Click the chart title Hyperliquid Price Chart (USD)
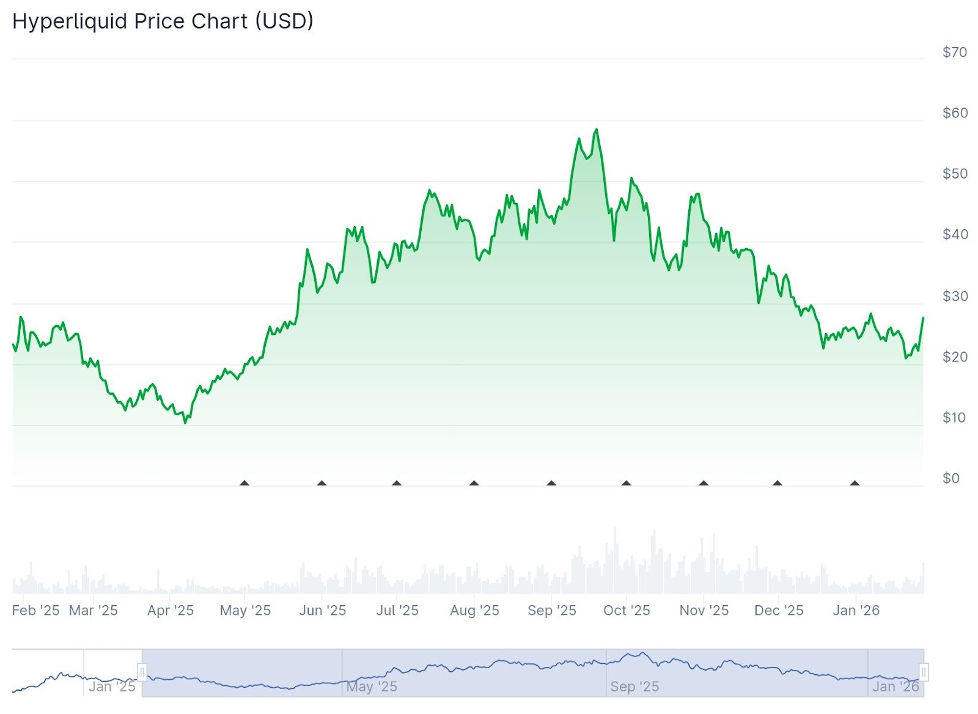163,21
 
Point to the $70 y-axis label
954,53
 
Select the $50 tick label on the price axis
954,174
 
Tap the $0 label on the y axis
950,478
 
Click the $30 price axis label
954,296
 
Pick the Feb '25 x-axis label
35,610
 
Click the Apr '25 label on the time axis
171,610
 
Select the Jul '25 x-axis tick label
397,610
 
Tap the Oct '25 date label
627,610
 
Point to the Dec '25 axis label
779,610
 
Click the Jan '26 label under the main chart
856,610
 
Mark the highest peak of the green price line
597,130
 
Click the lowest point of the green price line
185,422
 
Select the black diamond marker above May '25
244,484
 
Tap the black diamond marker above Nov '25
704,484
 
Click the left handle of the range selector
142,673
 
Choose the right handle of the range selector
924,673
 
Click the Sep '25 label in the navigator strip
634,686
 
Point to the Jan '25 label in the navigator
112,686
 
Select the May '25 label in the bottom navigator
372,686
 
